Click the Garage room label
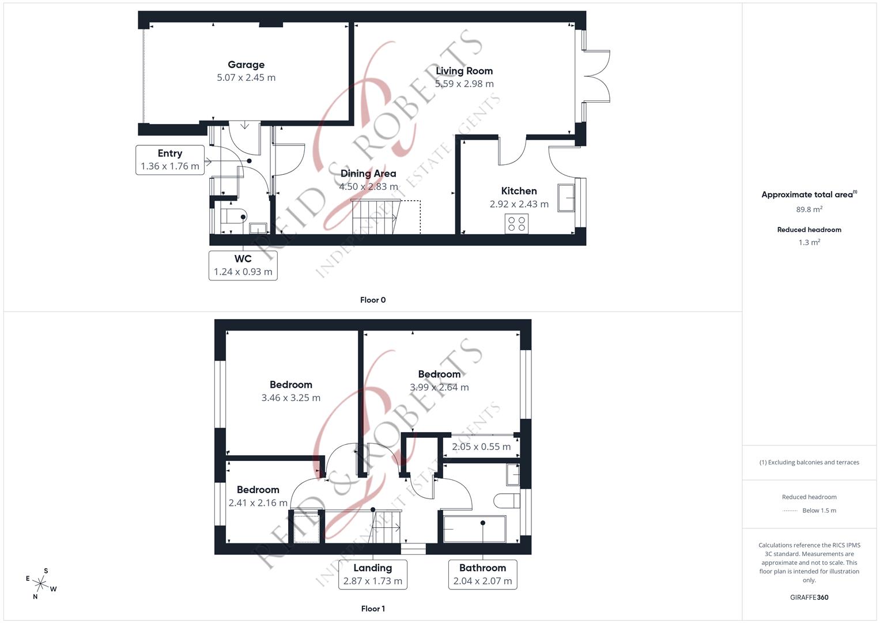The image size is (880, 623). (x=246, y=65)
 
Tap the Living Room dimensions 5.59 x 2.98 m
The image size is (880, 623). (x=464, y=84)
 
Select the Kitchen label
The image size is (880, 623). (x=519, y=191)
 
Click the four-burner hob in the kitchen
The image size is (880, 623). (x=516, y=223)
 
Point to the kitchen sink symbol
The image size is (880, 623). (x=566, y=198)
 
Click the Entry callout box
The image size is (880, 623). (x=170, y=160)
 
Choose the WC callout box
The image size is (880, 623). (x=243, y=265)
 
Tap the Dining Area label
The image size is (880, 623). (x=368, y=174)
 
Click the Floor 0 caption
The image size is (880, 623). (x=373, y=300)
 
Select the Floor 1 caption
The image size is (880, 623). (x=373, y=609)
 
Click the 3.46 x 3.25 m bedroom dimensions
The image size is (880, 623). (x=291, y=397)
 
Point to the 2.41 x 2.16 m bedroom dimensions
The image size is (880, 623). (x=258, y=503)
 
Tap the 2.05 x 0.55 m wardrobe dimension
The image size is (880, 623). (x=481, y=446)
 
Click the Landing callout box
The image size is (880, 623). (x=373, y=575)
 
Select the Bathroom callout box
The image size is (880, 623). (x=482, y=575)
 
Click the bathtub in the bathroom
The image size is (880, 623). (x=474, y=529)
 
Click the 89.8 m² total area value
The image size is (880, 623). (x=809, y=210)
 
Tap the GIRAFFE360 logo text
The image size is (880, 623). (x=809, y=597)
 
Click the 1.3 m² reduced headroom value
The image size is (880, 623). (x=809, y=243)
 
